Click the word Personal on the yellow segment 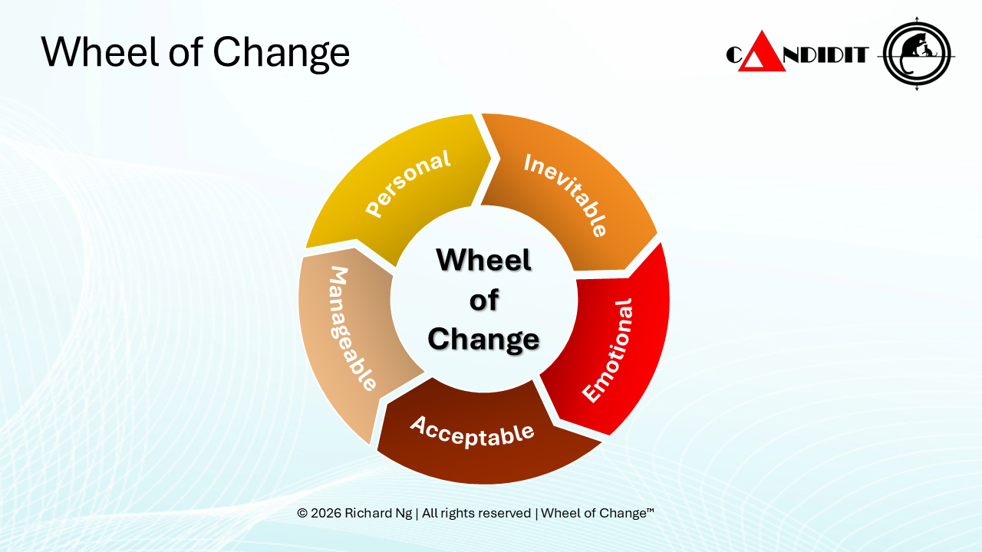click(x=407, y=183)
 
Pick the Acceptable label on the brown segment click(x=472, y=431)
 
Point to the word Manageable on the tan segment click(x=352, y=328)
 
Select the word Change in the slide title click(x=281, y=52)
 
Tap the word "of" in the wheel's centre click(x=483, y=300)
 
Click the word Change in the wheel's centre click(x=483, y=339)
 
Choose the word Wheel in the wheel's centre click(x=483, y=260)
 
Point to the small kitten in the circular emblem click(x=928, y=51)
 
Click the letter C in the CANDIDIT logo click(x=733, y=55)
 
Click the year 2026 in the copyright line click(x=326, y=513)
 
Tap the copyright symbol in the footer click(x=302, y=513)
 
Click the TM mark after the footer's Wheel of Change click(x=650, y=510)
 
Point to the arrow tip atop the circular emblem click(x=917, y=18)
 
